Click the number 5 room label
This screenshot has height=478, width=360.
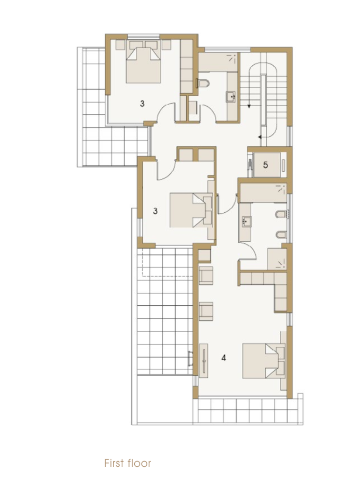tap(265, 165)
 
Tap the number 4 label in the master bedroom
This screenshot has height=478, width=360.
tap(223, 358)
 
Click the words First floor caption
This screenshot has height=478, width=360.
tap(128, 463)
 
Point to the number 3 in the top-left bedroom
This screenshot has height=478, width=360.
tap(142, 104)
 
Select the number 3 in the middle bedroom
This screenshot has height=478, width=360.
tap(155, 211)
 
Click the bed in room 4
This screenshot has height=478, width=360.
tap(264, 361)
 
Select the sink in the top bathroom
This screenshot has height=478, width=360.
tap(231, 97)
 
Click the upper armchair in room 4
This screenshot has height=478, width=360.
tap(206, 275)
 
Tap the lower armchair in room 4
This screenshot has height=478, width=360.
tap(206, 311)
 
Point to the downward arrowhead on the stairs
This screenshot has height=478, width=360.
tap(249, 106)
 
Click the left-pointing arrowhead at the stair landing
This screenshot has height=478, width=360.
tap(260, 137)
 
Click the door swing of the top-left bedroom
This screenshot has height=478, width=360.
tap(165, 109)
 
